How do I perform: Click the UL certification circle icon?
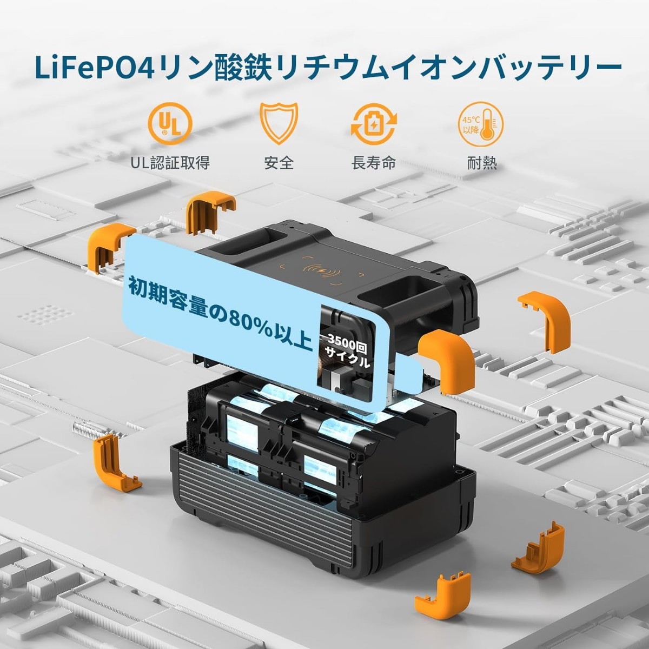pyautogui.click(x=170, y=123)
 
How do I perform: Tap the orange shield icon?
pyautogui.click(x=279, y=123)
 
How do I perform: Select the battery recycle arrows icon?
pyautogui.click(x=374, y=123)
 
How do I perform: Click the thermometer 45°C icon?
pyautogui.click(x=481, y=123)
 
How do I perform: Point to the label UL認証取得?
pyautogui.click(x=170, y=163)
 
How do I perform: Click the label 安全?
pyautogui.click(x=279, y=163)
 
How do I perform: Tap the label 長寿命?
pyautogui.click(x=374, y=163)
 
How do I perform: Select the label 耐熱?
pyautogui.click(x=482, y=163)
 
